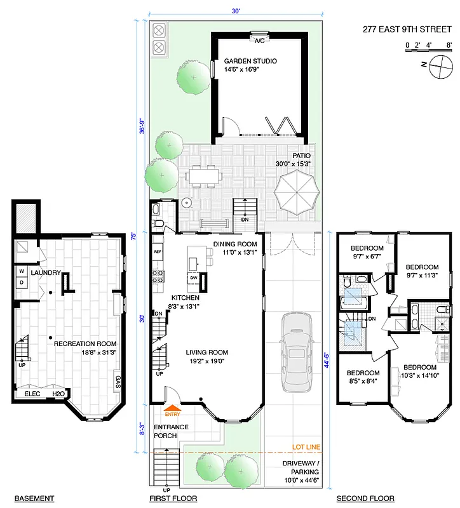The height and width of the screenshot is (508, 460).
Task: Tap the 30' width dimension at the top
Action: coord(235,11)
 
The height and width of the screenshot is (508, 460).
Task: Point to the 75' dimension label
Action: coord(144,234)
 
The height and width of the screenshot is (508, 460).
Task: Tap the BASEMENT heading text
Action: coord(34,498)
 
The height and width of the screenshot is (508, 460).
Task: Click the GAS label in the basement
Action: coord(118,381)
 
